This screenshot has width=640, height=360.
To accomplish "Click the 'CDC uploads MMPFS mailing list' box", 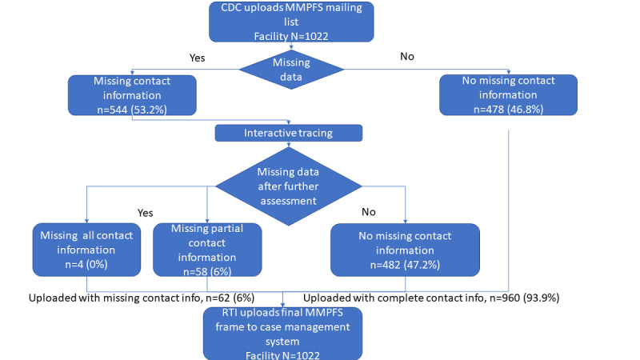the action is [291, 22].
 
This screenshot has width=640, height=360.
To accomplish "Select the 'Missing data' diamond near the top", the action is [291, 70].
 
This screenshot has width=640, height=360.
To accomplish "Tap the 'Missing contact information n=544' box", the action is [132, 95].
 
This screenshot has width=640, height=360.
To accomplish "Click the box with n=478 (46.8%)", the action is [508, 94].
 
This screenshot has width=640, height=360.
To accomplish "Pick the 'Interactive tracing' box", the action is [289, 133].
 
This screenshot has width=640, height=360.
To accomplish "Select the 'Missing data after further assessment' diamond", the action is [288, 186].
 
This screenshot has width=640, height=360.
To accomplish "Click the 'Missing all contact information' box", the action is [86, 250].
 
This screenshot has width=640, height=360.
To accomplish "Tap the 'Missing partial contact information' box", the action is [207, 250].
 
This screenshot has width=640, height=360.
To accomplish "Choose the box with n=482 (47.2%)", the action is [405, 250].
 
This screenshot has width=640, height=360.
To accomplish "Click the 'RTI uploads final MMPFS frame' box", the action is [282, 334].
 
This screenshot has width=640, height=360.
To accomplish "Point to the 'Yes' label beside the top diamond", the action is [197, 58].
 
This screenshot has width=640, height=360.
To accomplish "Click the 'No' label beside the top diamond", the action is [407, 56].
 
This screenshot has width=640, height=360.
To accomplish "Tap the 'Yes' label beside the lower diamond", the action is [146, 213].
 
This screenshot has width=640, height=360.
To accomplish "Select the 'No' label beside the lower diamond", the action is [369, 212].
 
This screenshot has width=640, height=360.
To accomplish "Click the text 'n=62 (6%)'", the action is [230, 298].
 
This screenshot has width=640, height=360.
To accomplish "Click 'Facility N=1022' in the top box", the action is [291, 36].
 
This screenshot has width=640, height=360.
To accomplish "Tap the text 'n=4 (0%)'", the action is [86, 265].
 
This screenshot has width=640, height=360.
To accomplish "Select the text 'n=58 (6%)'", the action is [207, 272].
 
